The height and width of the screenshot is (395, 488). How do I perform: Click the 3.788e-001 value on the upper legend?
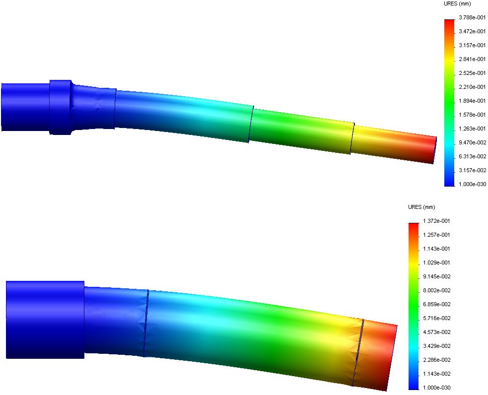[x=472, y=17]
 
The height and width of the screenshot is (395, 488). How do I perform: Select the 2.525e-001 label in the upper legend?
[x=472, y=73]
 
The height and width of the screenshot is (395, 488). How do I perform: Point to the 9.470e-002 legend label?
[x=472, y=142]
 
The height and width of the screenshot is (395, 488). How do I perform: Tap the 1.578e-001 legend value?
[x=472, y=115]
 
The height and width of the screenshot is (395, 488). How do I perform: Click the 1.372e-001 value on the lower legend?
[x=436, y=221]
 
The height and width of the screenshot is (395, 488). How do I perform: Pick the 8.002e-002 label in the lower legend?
[x=436, y=290]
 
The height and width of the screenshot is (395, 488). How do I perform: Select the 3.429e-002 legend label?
[x=436, y=346]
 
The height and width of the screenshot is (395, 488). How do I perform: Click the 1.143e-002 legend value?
[x=436, y=374]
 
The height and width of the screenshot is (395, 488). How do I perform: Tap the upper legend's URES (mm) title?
[x=457, y=4]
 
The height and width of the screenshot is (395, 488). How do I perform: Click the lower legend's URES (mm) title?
[x=421, y=207]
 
